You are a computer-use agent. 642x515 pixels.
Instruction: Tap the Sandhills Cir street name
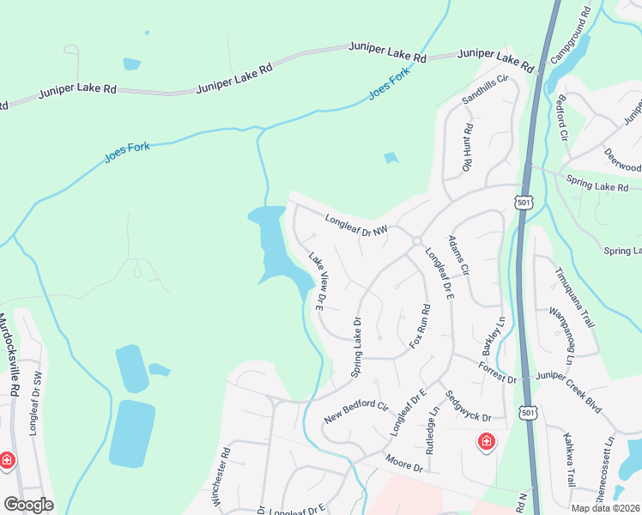coord(486,89)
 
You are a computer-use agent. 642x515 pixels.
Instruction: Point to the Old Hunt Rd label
coord(468,147)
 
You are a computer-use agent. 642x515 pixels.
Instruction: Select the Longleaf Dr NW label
coord(357,225)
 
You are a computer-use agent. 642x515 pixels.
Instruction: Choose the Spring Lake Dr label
coord(356,348)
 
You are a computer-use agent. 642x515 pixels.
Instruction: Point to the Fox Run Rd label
coord(420,326)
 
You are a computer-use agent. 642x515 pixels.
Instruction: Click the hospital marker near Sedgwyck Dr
coord(486,442)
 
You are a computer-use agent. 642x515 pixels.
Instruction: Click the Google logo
coord(28,505)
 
